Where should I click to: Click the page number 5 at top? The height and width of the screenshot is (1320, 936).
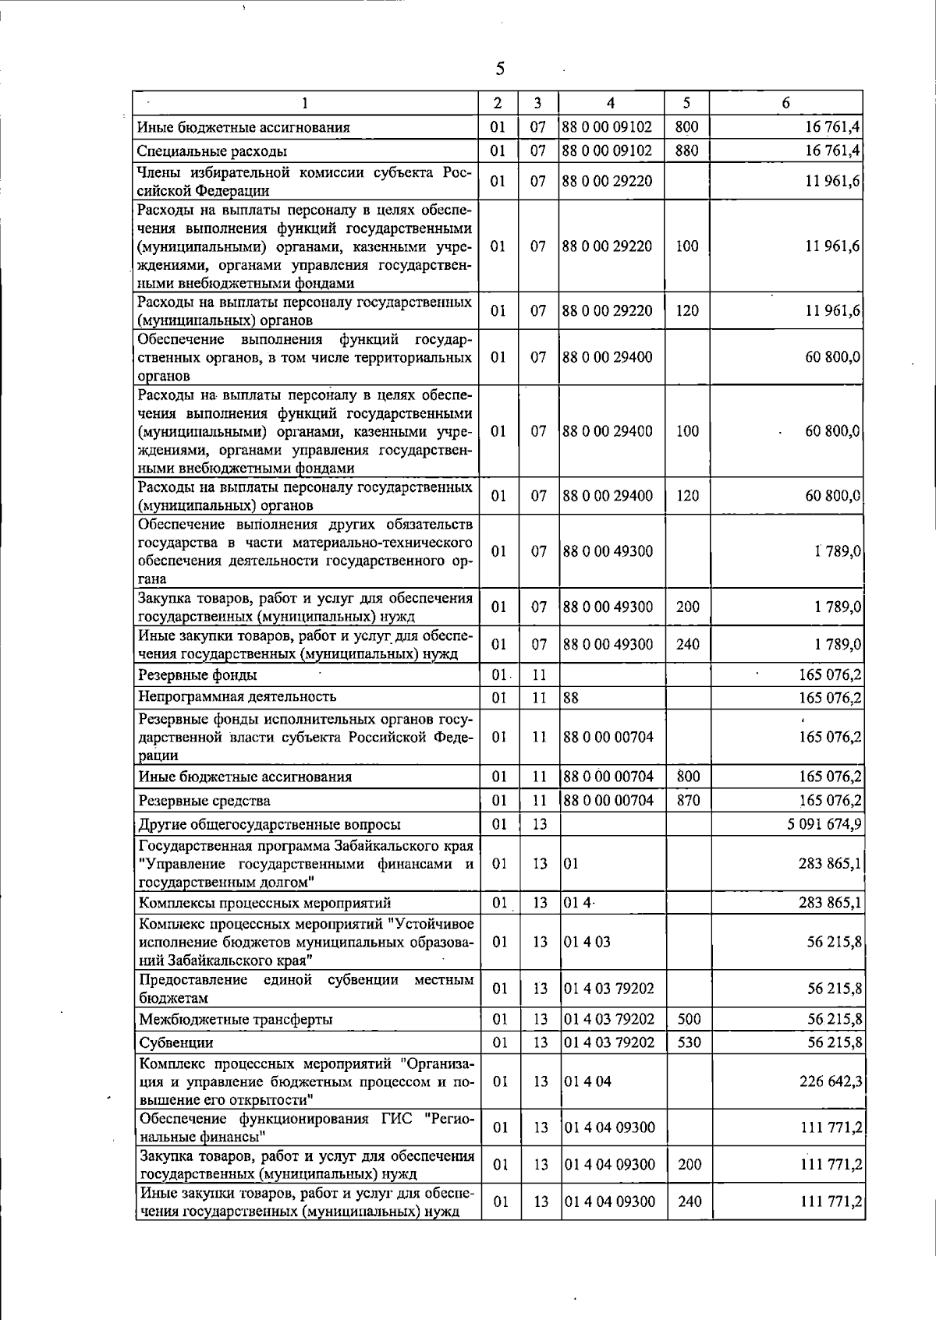500,69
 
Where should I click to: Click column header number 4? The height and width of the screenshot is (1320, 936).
610,103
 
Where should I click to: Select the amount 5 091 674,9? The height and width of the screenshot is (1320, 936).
824,824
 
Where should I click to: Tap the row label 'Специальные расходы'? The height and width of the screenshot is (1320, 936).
212,151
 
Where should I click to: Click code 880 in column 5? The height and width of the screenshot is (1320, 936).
686,150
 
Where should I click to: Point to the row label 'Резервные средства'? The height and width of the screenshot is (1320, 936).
204,801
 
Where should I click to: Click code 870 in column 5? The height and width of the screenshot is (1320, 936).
688,800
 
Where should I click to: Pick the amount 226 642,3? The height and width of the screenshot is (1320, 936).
830,1081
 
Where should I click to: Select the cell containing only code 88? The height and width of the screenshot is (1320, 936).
571,697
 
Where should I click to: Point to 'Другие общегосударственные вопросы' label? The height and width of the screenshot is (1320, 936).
269,824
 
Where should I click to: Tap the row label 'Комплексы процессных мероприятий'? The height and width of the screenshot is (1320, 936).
264,903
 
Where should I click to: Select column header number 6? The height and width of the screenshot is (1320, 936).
786,103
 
